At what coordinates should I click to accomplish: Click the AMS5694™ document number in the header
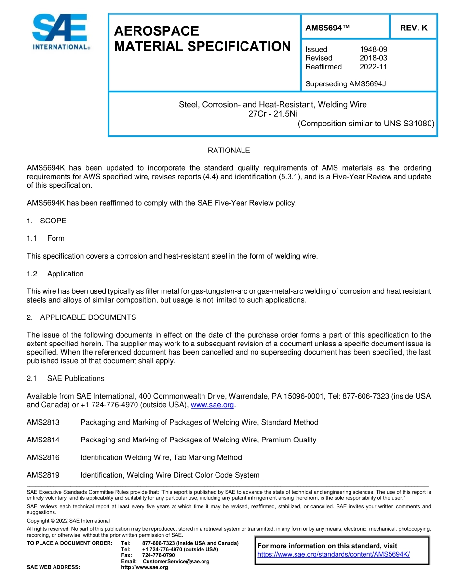coord(327,28)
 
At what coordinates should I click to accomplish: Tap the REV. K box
coord(413,28)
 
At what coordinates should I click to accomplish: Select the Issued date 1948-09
coord(373,49)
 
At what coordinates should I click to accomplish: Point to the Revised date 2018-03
coord(373,58)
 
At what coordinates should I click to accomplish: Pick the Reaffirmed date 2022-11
coord(373,67)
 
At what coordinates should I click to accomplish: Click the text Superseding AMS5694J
coord(345,84)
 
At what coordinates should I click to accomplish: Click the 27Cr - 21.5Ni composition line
coord(273,114)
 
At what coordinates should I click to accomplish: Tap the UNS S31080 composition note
coord(366,124)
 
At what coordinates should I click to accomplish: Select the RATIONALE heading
coord(229,151)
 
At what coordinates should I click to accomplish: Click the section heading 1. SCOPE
coord(46,221)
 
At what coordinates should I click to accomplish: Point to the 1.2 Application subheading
coord(55,274)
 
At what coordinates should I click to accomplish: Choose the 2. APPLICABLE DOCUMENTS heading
coord(81,317)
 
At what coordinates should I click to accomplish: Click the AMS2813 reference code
coord(43,422)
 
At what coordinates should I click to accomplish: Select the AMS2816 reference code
coord(43,457)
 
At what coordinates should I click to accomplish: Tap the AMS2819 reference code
coord(43,475)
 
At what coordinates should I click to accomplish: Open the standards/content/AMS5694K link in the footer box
coord(334,554)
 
